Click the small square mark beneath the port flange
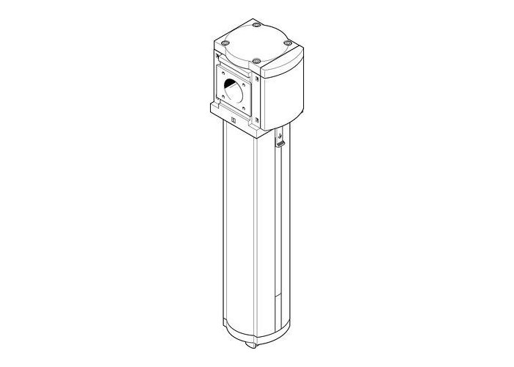pos(234,123)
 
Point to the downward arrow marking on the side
pos(280,136)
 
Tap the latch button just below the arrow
pos(280,148)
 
